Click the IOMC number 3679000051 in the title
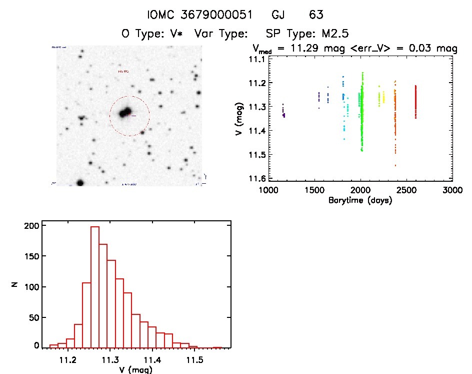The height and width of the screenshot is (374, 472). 217,15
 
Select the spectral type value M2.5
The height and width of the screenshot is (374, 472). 334,34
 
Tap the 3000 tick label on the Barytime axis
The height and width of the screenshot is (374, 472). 452,191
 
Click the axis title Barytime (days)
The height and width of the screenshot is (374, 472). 360,200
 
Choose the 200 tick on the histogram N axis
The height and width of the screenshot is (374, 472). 30,226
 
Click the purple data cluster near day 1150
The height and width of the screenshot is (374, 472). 283,113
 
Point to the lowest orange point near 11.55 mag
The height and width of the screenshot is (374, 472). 395,165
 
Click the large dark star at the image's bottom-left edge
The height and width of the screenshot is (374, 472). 80,182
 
